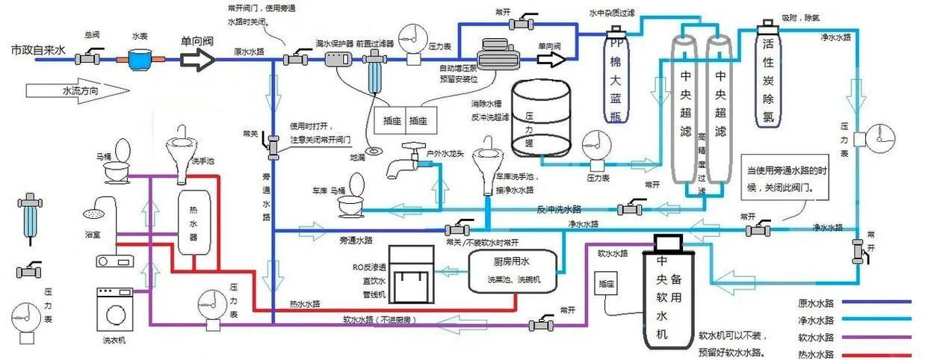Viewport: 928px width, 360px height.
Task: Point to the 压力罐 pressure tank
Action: pos(540,120)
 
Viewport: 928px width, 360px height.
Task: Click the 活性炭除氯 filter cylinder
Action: pos(768,78)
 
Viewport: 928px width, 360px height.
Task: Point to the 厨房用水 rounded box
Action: pos(513,270)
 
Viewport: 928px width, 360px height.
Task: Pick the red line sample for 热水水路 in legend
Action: pos(878,355)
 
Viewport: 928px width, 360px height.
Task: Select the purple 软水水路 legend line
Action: pos(878,337)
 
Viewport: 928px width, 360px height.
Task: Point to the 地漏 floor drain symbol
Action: pos(381,149)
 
